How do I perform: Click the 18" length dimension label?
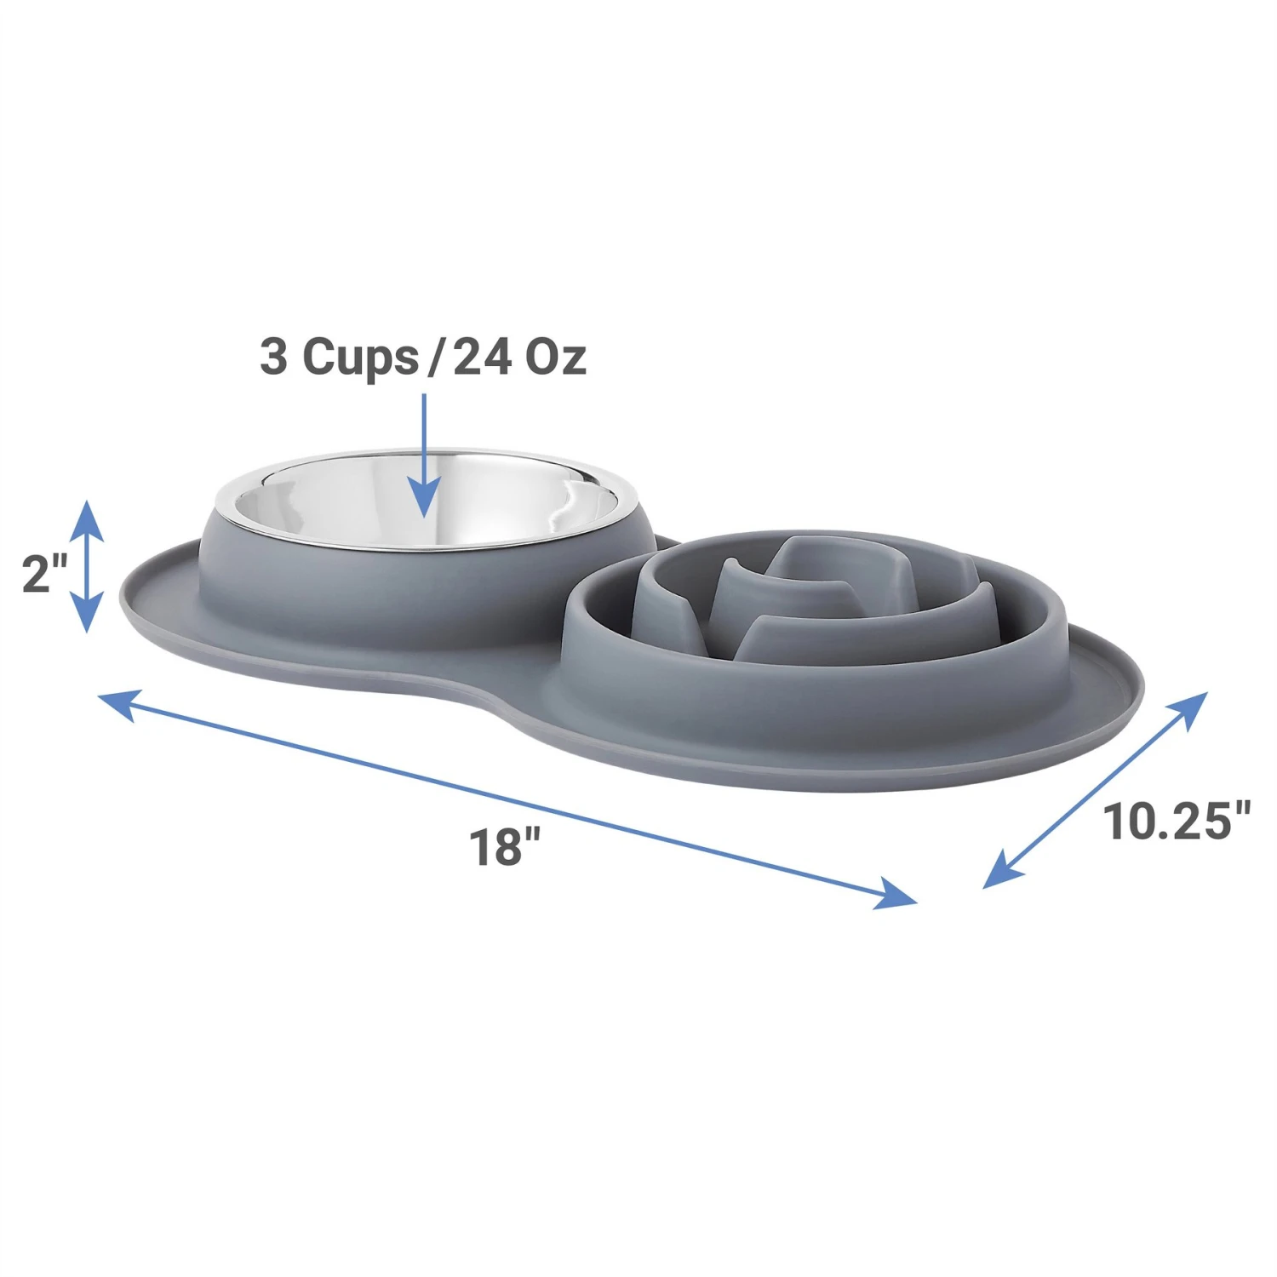click(x=505, y=847)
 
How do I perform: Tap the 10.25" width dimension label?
click(x=1177, y=822)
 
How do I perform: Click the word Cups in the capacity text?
click(x=360, y=357)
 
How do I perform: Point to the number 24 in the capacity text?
click(x=482, y=357)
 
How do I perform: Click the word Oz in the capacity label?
click(x=555, y=357)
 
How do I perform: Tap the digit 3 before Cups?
click(x=274, y=357)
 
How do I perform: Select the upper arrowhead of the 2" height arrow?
click(x=86, y=519)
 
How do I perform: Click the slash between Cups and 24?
click(x=435, y=357)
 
